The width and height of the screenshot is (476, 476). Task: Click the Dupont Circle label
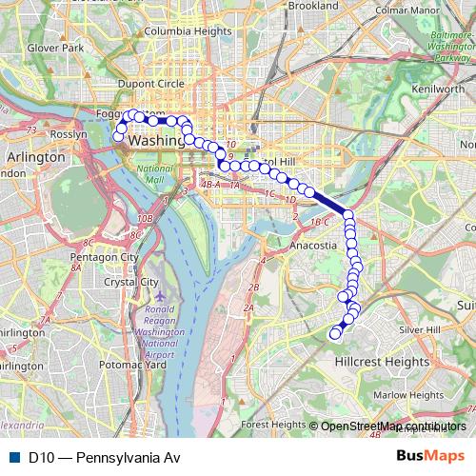coord(150,84)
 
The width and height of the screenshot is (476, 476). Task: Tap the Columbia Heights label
coord(188,31)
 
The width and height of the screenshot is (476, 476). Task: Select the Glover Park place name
coord(56,47)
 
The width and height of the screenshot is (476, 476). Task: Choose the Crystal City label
coord(130,282)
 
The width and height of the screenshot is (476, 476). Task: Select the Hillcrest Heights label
coord(382,362)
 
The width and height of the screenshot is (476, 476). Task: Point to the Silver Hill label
coord(420,329)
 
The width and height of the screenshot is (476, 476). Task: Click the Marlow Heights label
coord(408,394)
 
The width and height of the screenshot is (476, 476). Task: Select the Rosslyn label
coord(69,134)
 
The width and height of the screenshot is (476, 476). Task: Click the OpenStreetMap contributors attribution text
coord(393,426)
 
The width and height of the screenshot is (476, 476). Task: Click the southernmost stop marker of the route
coord(334,333)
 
